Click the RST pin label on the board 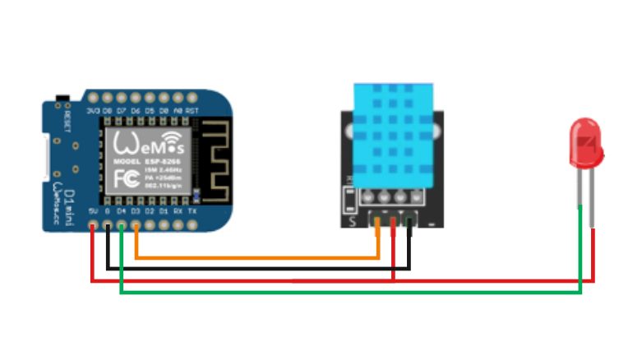point(192,110)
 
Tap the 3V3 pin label point(93,110)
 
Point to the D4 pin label point(122,211)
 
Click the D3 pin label point(136,211)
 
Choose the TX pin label point(192,211)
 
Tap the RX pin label point(178,211)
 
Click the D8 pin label point(108,110)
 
